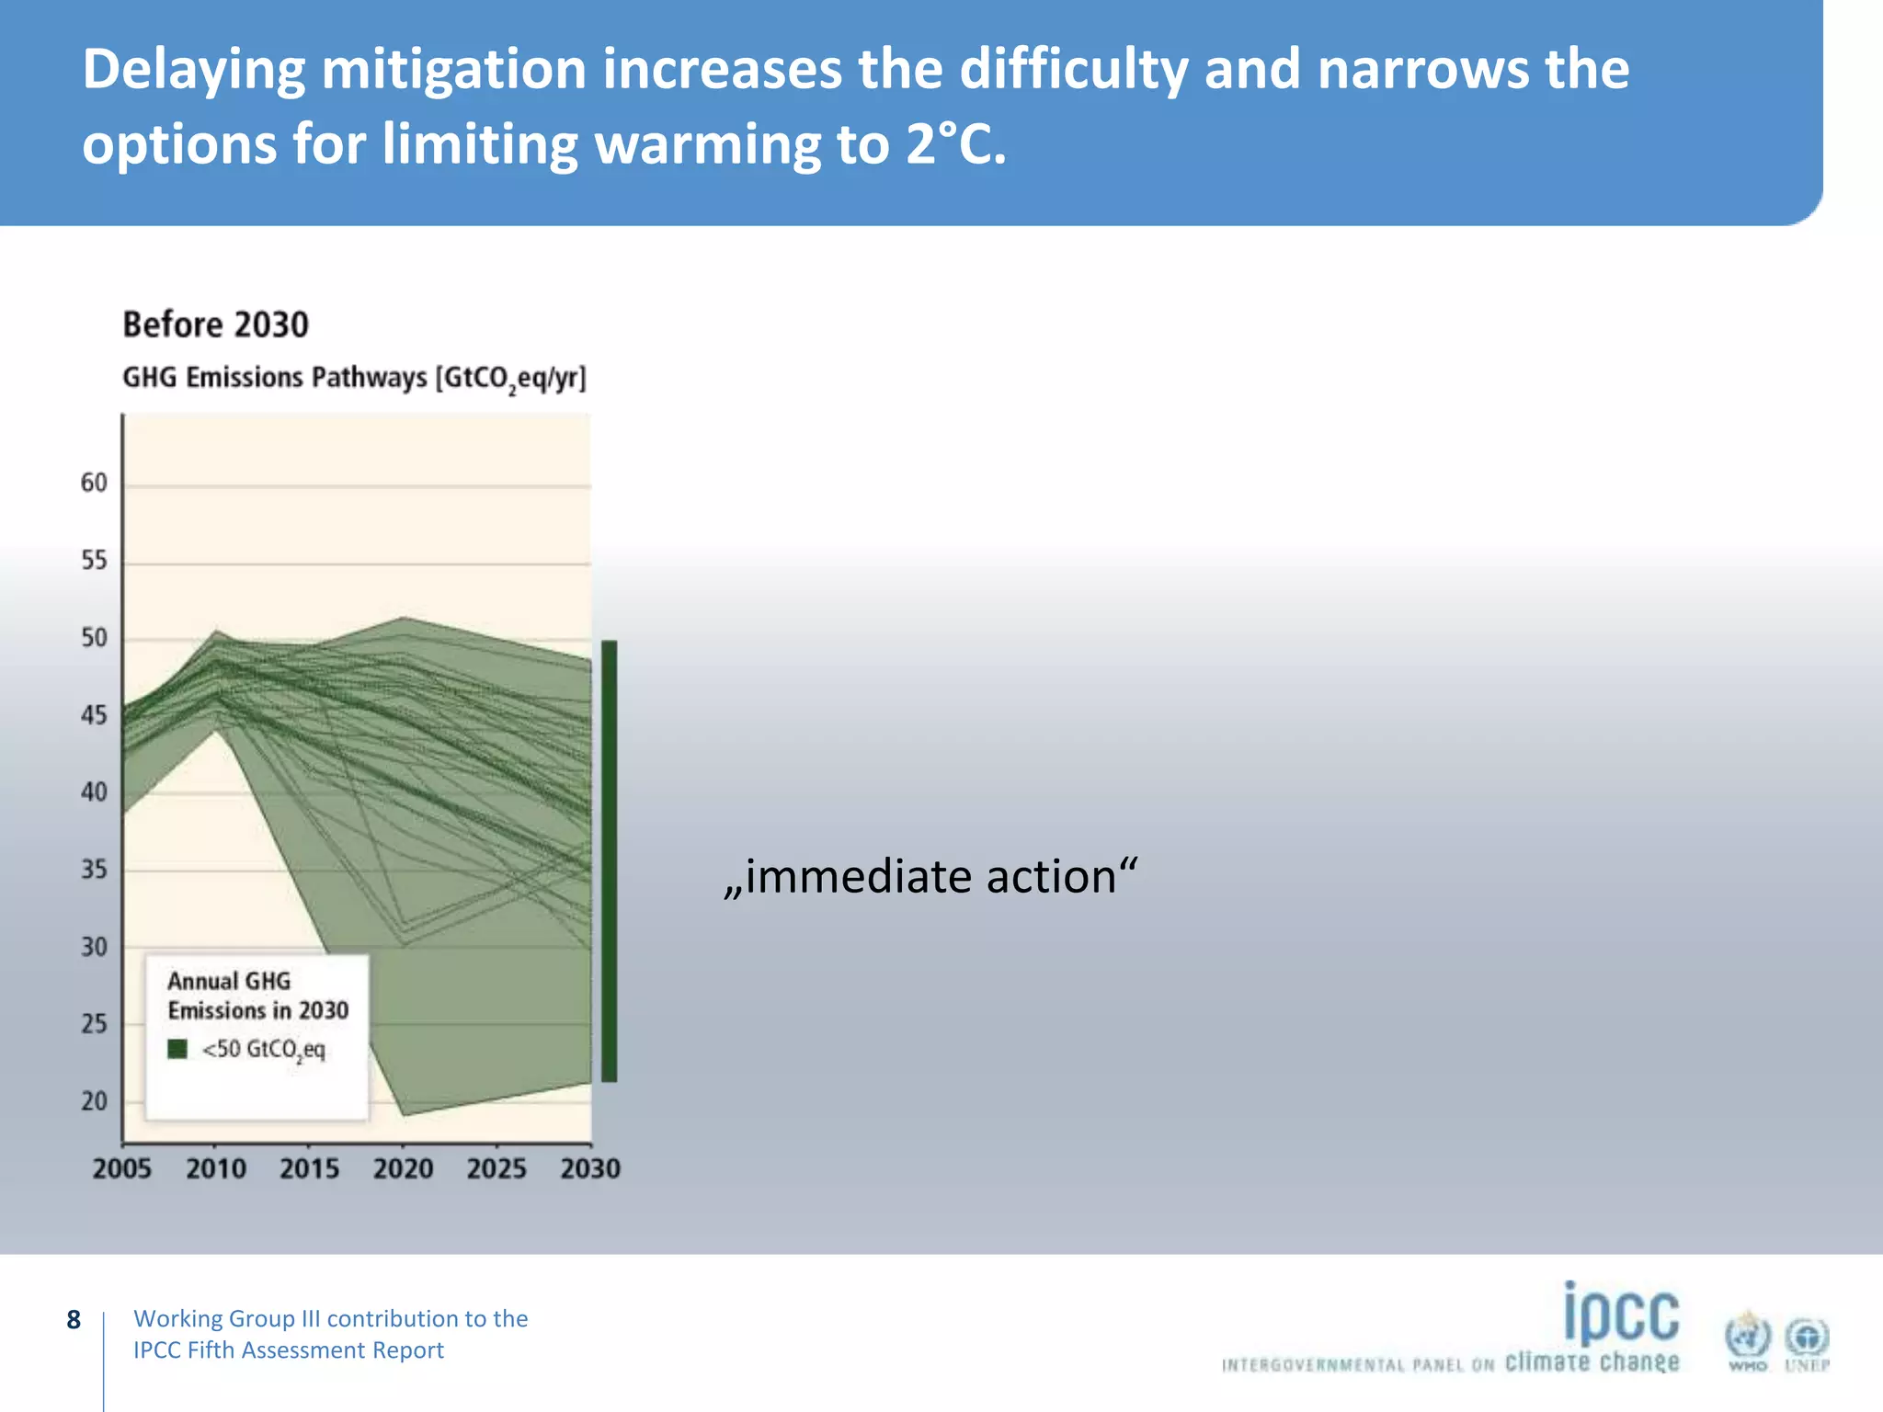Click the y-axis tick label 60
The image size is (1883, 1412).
click(94, 483)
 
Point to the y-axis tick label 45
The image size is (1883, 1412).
click(94, 715)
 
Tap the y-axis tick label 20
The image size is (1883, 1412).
click(94, 1101)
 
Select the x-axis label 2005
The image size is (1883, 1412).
click(121, 1168)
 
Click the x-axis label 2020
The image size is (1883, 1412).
click(403, 1168)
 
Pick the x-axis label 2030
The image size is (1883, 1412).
click(590, 1168)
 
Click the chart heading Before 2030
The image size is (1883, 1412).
click(215, 325)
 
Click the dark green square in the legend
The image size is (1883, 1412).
click(177, 1049)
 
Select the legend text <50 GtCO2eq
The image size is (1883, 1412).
click(263, 1050)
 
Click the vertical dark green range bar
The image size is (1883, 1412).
click(609, 860)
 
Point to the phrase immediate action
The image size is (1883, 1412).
click(930, 876)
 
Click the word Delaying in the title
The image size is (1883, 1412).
click(193, 70)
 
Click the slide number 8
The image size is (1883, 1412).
click(74, 1320)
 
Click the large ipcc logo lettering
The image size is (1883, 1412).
click(1621, 1314)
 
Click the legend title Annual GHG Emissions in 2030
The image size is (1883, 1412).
click(257, 996)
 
